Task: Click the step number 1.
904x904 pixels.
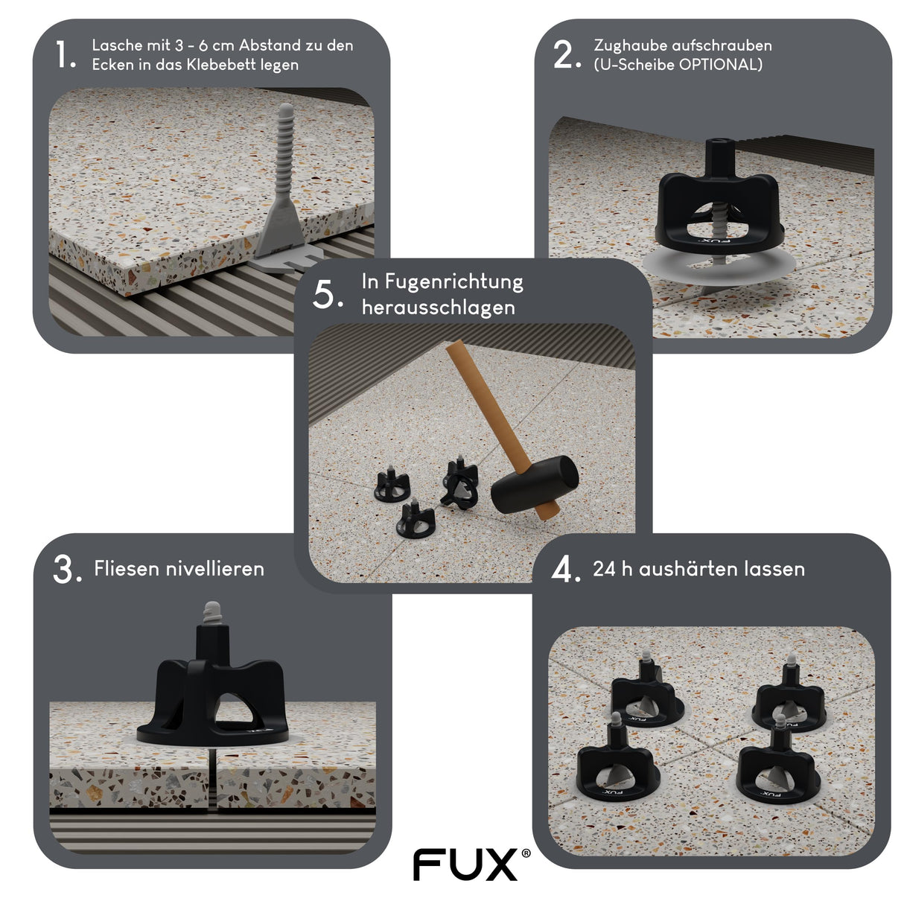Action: [65, 55]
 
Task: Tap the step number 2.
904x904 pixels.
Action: [565, 55]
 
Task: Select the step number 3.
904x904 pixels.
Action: [66, 570]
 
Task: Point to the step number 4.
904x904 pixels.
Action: [565, 570]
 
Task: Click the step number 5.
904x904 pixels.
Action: [327, 295]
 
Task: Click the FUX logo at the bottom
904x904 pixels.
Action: [465, 865]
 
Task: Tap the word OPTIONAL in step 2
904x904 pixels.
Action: [721, 65]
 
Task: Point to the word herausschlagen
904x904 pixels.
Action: [438, 308]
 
